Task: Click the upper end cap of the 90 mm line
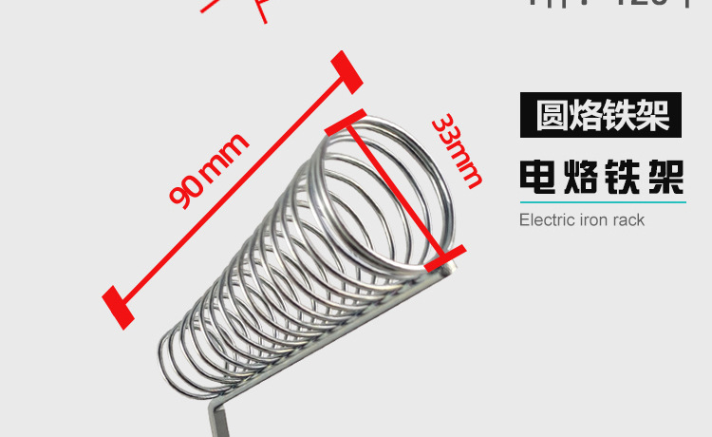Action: [347, 72]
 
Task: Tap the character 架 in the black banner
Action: [652, 115]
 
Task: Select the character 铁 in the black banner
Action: [619, 115]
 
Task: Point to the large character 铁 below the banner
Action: [622, 177]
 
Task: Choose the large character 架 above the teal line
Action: [665, 177]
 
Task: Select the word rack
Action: [628, 220]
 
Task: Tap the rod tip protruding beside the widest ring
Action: [450, 272]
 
